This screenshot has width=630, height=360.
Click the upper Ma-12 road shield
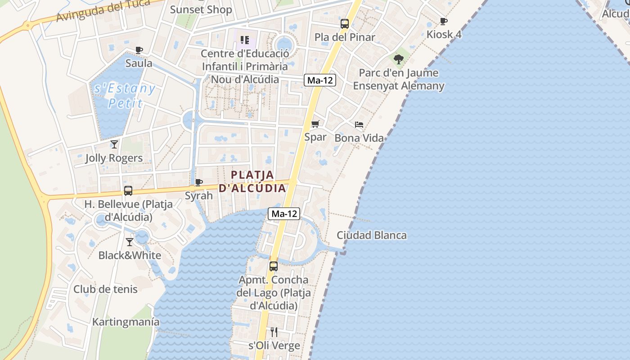coord(320,80)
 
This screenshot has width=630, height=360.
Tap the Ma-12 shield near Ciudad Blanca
coord(284,214)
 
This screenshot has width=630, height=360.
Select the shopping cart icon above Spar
coord(315,124)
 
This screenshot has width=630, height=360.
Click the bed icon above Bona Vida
coord(359,124)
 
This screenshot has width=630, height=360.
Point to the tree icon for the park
coord(398,59)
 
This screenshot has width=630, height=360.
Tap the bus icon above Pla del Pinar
coord(345,24)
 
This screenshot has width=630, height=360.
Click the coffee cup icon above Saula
coord(139,50)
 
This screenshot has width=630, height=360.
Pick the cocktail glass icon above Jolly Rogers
coord(114,144)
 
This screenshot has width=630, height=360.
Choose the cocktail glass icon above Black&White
coord(130,242)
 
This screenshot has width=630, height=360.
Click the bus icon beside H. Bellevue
coord(128,191)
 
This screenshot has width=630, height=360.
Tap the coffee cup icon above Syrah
coord(198,182)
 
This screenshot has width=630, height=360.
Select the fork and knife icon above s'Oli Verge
coord(274,332)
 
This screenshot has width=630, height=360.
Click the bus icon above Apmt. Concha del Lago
coord(274,266)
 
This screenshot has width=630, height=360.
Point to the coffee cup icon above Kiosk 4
coord(444,21)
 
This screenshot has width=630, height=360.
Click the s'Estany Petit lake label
coord(125,95)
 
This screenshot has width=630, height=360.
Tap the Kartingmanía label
coord(126,322)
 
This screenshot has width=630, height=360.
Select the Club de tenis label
coord(106,289)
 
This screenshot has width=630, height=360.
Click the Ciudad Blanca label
coord(372,235)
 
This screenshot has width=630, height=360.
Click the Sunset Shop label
coord(201,9)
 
